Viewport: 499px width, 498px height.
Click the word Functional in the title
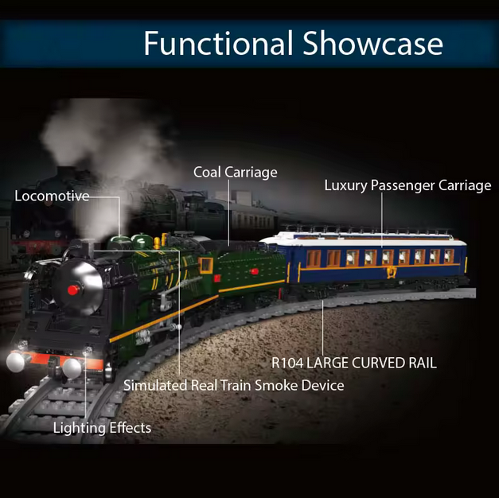(x=218, y=43)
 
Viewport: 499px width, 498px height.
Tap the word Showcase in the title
(x=372, y=43)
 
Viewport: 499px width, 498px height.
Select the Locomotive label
(x=52, y=196)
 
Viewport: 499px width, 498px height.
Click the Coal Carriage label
(x=236, y=173)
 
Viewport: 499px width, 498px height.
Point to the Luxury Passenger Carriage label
(x=407, y=185)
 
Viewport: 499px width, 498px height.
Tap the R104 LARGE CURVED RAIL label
(x=353, y=363)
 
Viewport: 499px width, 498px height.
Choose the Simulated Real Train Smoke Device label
(x=234, y=385)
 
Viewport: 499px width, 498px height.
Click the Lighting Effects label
(x=102, y=428)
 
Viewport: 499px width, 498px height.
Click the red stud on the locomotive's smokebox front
(x=73, y=290)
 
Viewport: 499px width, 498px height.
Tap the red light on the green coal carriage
(x=254, y=271)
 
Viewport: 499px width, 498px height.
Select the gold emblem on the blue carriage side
(x=391, y=272)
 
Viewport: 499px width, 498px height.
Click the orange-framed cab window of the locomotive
(x=205, y=266)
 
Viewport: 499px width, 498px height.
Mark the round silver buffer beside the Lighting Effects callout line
(x=72, y=368)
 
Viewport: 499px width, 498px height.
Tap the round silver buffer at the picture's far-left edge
(x=15, y=362)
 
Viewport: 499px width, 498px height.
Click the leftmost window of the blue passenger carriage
(x=314, y=258)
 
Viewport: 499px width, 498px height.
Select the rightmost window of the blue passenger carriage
(x=449, y=256)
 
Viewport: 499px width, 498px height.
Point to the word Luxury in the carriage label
(x=345, y=185)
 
